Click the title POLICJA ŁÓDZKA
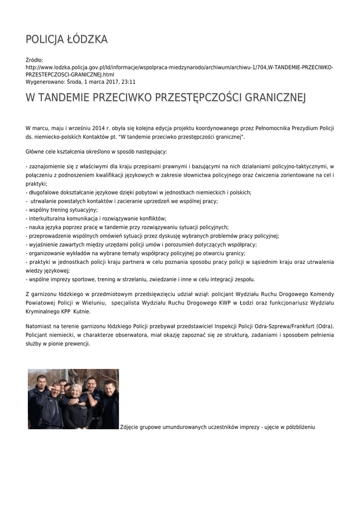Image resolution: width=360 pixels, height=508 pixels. pyautogui.click(x=67, y=39)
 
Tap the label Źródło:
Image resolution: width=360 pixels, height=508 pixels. pyautogui.click(x=35, y=60)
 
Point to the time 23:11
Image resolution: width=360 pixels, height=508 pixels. pyautogui.click(x=128, y=82)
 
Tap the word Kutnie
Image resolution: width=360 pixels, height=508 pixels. pyautogui.click(x=82, y=311)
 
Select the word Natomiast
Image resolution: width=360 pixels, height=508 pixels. pyautogui.click(x=39, y=326)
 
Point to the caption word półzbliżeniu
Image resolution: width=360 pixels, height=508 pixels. pyautogui.click(x=298, y=427)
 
